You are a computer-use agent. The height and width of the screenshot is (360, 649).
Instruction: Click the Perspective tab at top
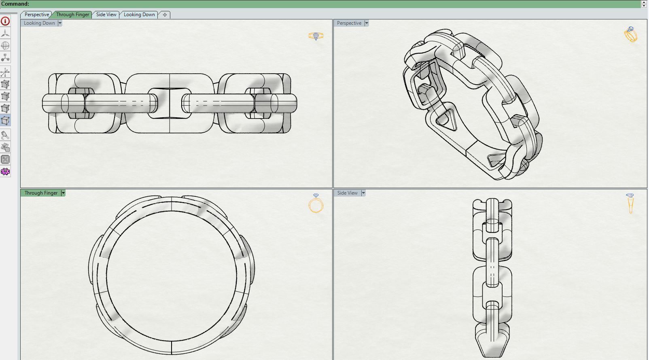click(x=36, y=15)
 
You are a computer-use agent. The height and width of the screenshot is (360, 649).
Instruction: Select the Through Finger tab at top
click(x=72, y=15)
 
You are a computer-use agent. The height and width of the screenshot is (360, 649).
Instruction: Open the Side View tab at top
click(x=106, y=15)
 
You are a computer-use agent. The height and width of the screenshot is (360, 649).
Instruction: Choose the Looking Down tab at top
click(x=139, y=15)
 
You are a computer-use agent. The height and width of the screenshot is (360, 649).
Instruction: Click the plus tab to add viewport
click(x=165, y=15)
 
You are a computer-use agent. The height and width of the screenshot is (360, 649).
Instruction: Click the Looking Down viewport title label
click(x=39, y=23)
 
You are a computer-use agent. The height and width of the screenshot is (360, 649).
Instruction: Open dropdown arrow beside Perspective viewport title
click(x=367, y=23)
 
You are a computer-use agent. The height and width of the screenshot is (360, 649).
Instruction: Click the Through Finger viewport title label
click(x=41, y=193)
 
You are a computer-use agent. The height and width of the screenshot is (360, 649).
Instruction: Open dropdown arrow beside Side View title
click(x=363, y=193)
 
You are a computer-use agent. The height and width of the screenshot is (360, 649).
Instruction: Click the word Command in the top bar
click(x=15, y=4)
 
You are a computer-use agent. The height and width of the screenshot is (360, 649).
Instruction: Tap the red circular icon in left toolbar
click(x=5, y=21)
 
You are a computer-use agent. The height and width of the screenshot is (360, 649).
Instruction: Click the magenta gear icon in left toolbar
click(x=5, y=172)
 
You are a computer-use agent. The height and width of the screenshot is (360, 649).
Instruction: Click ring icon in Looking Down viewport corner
click(x=316, y=36)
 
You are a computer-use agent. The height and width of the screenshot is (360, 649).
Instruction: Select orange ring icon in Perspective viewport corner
click(x=630, y=34)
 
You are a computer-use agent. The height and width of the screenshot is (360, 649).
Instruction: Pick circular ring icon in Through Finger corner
click(x=316, y=204)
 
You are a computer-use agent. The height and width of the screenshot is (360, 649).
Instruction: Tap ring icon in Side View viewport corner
click(x=630, y=203)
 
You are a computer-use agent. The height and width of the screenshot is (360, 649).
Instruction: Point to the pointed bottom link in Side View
click(x=492, y=342)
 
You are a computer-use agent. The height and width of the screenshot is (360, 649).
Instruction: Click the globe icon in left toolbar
click(x=5, y=45)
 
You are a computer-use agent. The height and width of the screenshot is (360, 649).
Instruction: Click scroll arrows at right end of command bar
click(x=644, y=4)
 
